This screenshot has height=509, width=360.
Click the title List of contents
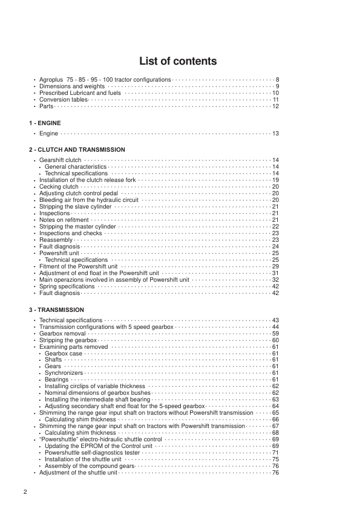(x=178, y=61)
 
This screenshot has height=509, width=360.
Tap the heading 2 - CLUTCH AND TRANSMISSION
(x=77, y=149)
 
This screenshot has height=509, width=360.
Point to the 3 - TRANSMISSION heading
(x=57, y=310)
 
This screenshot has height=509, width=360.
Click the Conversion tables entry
(x=64, y=100)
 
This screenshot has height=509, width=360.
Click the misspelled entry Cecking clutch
(x=59, y=187)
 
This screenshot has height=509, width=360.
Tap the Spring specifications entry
(x=67, y=286)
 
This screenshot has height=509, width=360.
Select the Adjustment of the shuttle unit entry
(x=78, y=472)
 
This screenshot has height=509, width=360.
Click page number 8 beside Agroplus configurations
(x=277, y=80)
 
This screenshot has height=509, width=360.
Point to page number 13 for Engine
(x=275, y=133)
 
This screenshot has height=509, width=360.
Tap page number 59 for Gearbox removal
(x=275, y=333)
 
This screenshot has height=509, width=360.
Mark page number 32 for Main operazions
(x=275, y=280)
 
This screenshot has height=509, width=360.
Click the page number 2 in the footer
(x=25, y=491)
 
